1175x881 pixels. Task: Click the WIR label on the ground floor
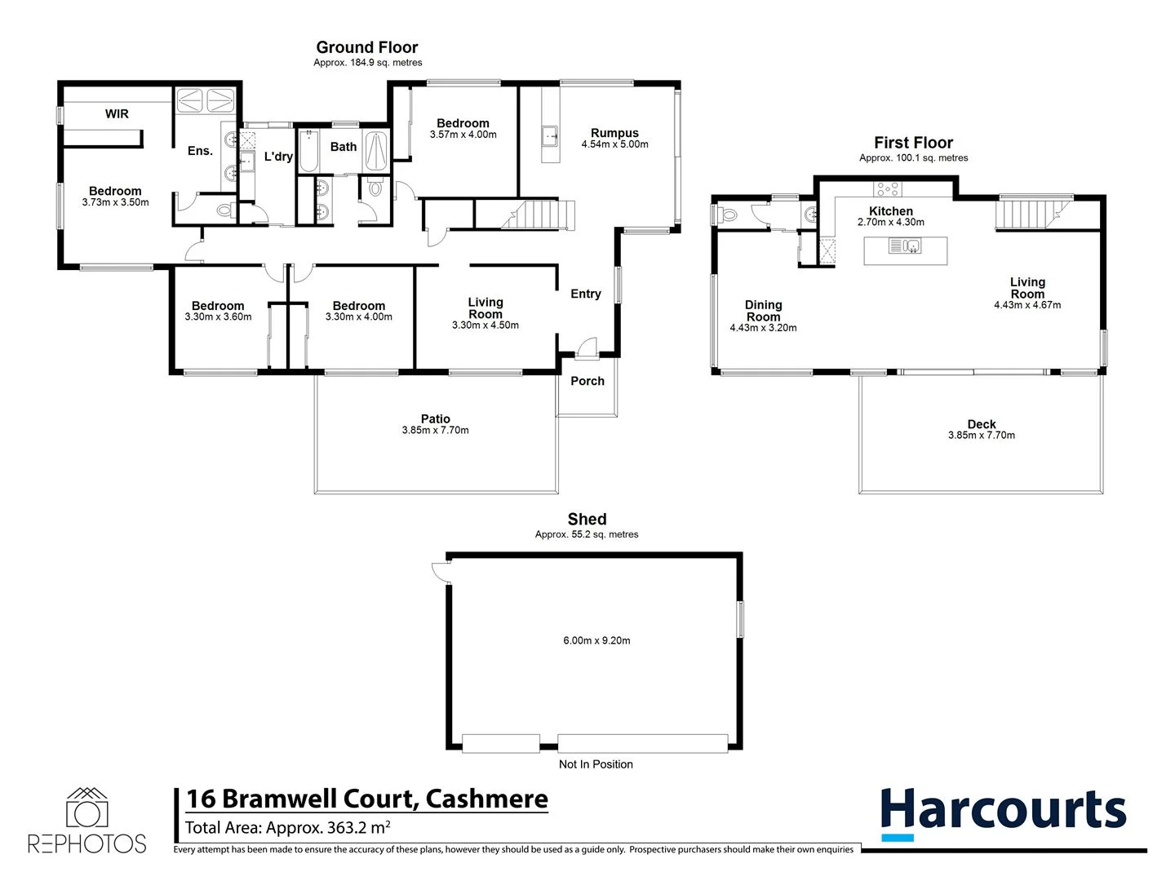point(117,114)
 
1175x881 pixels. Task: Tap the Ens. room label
point(200,151)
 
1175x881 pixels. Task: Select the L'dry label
point(278,157)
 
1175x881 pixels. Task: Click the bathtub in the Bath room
point(308,151)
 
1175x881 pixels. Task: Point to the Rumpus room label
point(614,133)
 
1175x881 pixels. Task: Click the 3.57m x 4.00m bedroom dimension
point(463,135)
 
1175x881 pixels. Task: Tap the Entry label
point(585,294)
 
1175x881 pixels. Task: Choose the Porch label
point(587,381)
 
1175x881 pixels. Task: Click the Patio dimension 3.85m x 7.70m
point(435,431)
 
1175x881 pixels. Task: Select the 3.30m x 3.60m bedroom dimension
point(218,317)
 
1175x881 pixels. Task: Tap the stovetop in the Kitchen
point(888,189)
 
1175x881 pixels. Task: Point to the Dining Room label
point(763,311)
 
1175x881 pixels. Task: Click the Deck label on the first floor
point(982,424)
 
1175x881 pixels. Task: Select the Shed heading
point(587,520)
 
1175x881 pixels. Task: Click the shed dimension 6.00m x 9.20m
point(596,640)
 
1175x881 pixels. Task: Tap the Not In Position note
point(596,764)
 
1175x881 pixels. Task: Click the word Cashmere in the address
point(486,799)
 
